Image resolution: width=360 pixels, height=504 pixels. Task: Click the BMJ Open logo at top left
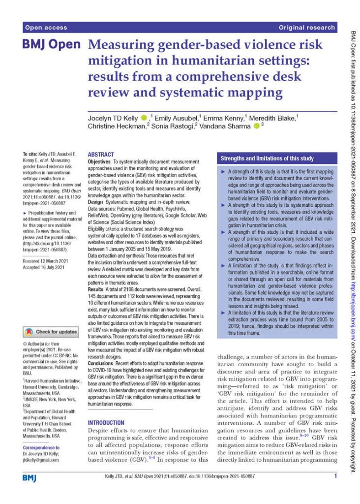pos(51,45)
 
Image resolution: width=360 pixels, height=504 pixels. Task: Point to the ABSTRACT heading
pos(100,155)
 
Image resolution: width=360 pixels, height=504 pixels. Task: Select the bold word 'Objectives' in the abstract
pos(102,162)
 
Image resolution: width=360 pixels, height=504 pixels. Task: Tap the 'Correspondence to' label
pos(41,448)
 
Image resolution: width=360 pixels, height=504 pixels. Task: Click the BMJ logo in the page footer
pos(30,477)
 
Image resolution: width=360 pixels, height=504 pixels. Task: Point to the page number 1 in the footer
pos(335,476)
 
